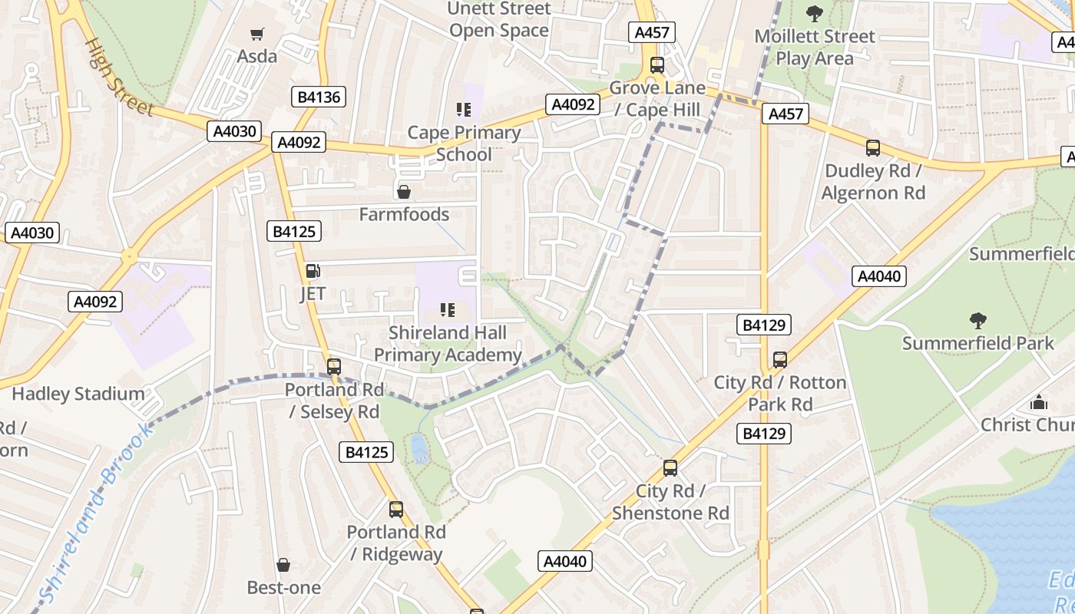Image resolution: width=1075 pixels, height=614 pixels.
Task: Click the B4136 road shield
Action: [319, 97]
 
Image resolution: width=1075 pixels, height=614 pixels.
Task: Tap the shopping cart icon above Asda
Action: [256, 34]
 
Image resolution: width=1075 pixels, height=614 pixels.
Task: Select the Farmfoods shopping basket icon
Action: [403, 191]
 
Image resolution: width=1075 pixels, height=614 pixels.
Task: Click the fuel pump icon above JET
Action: [313, 270]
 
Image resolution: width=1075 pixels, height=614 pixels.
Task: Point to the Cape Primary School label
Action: [464, 143]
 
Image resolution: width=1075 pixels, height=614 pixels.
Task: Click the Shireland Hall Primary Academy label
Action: [448, 343]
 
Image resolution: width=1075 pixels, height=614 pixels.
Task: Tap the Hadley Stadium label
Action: [78, 394]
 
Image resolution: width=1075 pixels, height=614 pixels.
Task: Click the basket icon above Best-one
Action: [283, 566]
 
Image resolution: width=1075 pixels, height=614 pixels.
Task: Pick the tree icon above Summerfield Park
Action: [977, 320]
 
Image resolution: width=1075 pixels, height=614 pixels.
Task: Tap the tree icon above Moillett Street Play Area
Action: [814, 13]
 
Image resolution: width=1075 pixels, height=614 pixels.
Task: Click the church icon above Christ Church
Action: [1039, 402]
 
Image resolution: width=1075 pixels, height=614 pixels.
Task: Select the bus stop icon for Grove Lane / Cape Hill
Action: [657, 65]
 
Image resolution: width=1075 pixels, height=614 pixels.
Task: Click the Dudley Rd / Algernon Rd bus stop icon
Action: [872, 148]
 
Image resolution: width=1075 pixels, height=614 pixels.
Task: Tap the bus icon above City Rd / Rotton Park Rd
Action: [779, 359]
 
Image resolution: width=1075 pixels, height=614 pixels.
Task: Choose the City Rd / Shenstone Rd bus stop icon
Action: [670, 468]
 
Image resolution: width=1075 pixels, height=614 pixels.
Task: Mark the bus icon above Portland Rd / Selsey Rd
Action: [333, 367]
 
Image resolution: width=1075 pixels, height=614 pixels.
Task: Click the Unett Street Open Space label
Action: [498, 19]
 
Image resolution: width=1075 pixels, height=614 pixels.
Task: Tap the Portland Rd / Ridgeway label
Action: [395, 543]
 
